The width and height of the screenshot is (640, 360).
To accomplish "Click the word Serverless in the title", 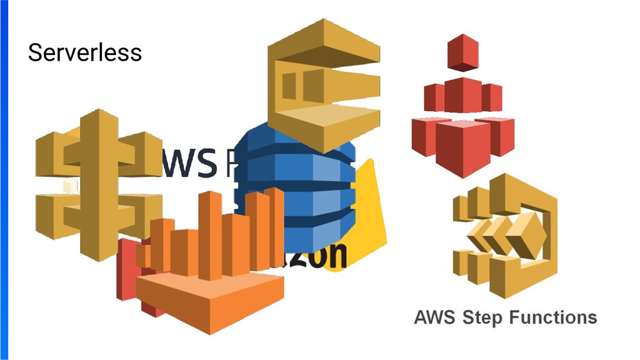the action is (x=84, y=52).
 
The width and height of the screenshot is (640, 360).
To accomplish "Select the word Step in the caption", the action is (x=482, y=317).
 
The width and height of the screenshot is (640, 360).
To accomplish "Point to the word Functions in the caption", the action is (x=552, y=317).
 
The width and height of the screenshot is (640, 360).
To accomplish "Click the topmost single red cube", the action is (x=462, y=53).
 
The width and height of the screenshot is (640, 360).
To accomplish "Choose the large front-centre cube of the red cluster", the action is (x=462, y=147).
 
